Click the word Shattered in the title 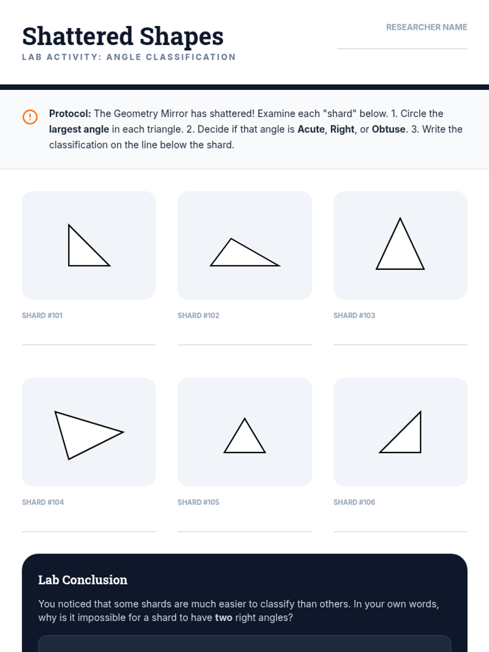click(x=77, y=36)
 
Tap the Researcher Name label click(x=427, y=27)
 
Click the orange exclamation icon click(x=30, y=117)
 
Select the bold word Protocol click(x=70, y=113)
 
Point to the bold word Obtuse click(x=389, y=129)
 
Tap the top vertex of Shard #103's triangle click(x=400, y=218)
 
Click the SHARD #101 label click(x=42, y=315)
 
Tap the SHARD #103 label click(x=354, y=315)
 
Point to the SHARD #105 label click(x=198, y=502)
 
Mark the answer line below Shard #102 click(x=244, y=345)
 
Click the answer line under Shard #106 click(x=401, y=532)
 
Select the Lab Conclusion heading click(x=83, y=580)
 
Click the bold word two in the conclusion click(x=224, y=618)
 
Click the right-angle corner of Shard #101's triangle click(x=69, y=266)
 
